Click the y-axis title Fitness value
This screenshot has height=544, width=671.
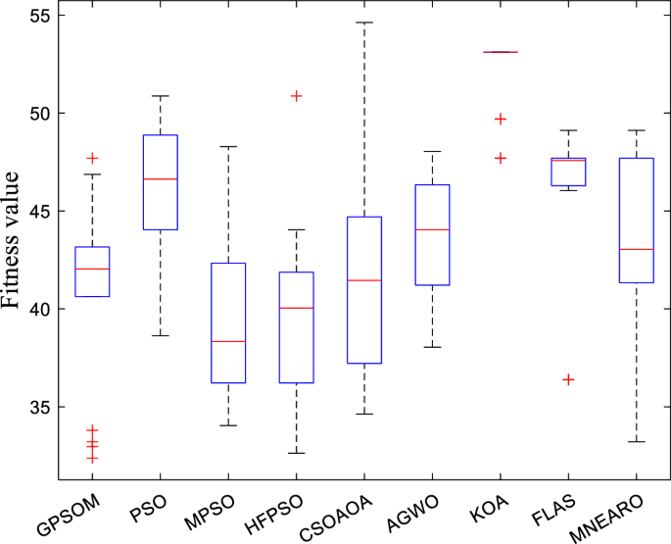(x=12, y=239)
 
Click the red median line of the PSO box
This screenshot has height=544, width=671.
(x=160, y=179)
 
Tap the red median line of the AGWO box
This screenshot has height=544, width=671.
(x=432, y=229)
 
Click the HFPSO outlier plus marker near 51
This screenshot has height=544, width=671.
(x=296, y=96)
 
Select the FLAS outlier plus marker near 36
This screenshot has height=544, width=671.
(x=568, y=379)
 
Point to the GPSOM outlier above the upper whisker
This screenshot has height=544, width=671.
(x=92, y=158)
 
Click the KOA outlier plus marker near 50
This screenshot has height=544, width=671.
(x=501, y=119)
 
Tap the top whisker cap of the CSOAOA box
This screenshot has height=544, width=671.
(x=363, y=22)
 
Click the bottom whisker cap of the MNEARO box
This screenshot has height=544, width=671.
(x=636, y=441)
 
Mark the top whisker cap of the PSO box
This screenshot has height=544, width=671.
(x=160, y=96)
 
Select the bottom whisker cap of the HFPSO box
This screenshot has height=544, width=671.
(x=296, y=453)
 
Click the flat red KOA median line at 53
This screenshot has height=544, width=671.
(x=501, y=52)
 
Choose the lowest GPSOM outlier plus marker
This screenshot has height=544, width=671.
(x=92, y=458)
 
